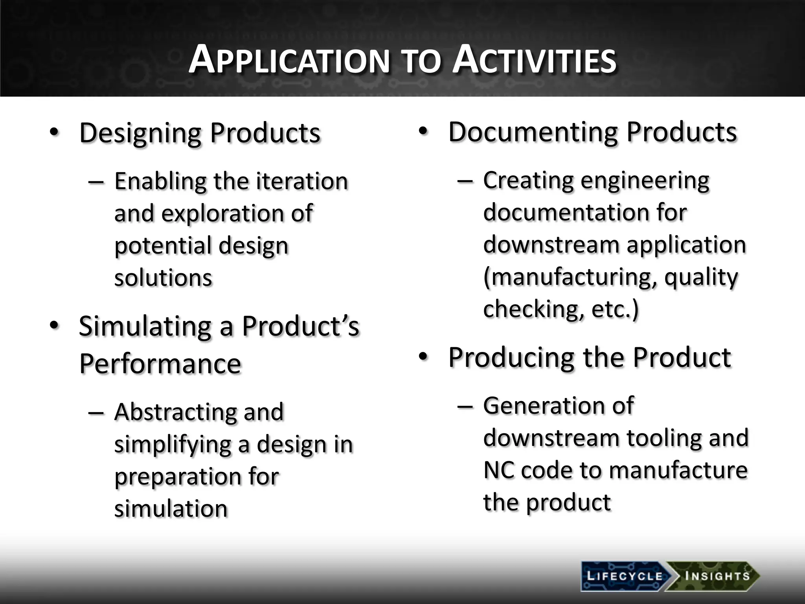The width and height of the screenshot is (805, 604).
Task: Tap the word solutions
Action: tap(163, 278)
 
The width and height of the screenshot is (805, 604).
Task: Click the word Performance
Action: tap(160, 363)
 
